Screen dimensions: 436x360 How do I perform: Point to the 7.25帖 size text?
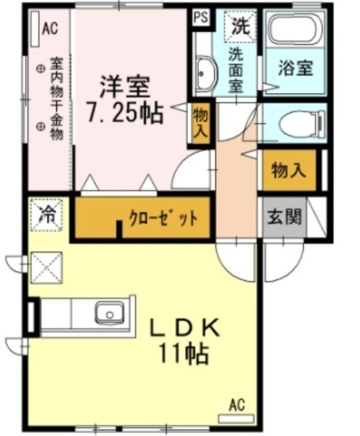[x=124, y=112]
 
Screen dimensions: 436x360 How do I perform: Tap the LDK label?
[x=184, y=329]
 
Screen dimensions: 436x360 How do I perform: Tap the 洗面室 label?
[x=236, y=68]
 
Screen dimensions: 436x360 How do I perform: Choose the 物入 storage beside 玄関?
[x=288, y=172]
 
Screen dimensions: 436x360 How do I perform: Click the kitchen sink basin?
[x=108, y=315]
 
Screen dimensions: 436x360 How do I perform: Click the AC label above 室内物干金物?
[x=50, y=28]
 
